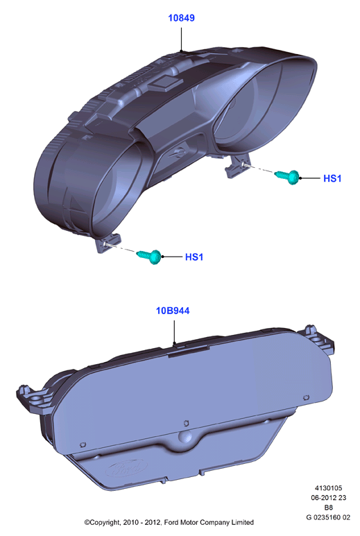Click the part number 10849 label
[x=181, y=18]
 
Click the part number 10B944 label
[x=173, y=311]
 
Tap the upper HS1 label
[x=332, y=178]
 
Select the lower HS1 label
[x=194, y=257]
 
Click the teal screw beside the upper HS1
[x=288, y=176]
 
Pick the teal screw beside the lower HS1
[x=149, y=256]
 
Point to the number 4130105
[x=328, y=487]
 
